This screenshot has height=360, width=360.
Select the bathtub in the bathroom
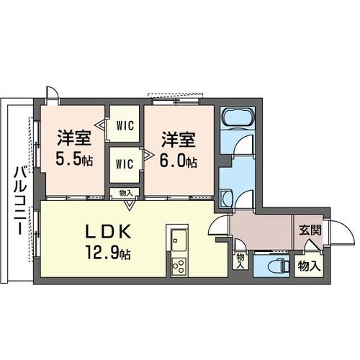pyautogui.click(x=237, y=117)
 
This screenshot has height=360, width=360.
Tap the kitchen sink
pyautogui.click(x=177, y=237)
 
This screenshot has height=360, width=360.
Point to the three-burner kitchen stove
pyautogui.click(x=178, y=266)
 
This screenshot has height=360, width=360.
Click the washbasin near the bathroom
pyautogui.click(x=225, y=197)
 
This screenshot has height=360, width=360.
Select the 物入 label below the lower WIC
pyautogui.click(x=125, y=192)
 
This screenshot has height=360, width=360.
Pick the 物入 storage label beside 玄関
pyautogui.click(x=309, y=266)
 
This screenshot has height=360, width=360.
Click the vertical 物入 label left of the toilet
pyautogui.click(x=239, y=259)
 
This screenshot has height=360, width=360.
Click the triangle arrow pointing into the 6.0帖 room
pyautogui.click(x=146, y=153)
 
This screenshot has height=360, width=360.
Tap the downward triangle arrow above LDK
pyautogui.click(x=128, y=205)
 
